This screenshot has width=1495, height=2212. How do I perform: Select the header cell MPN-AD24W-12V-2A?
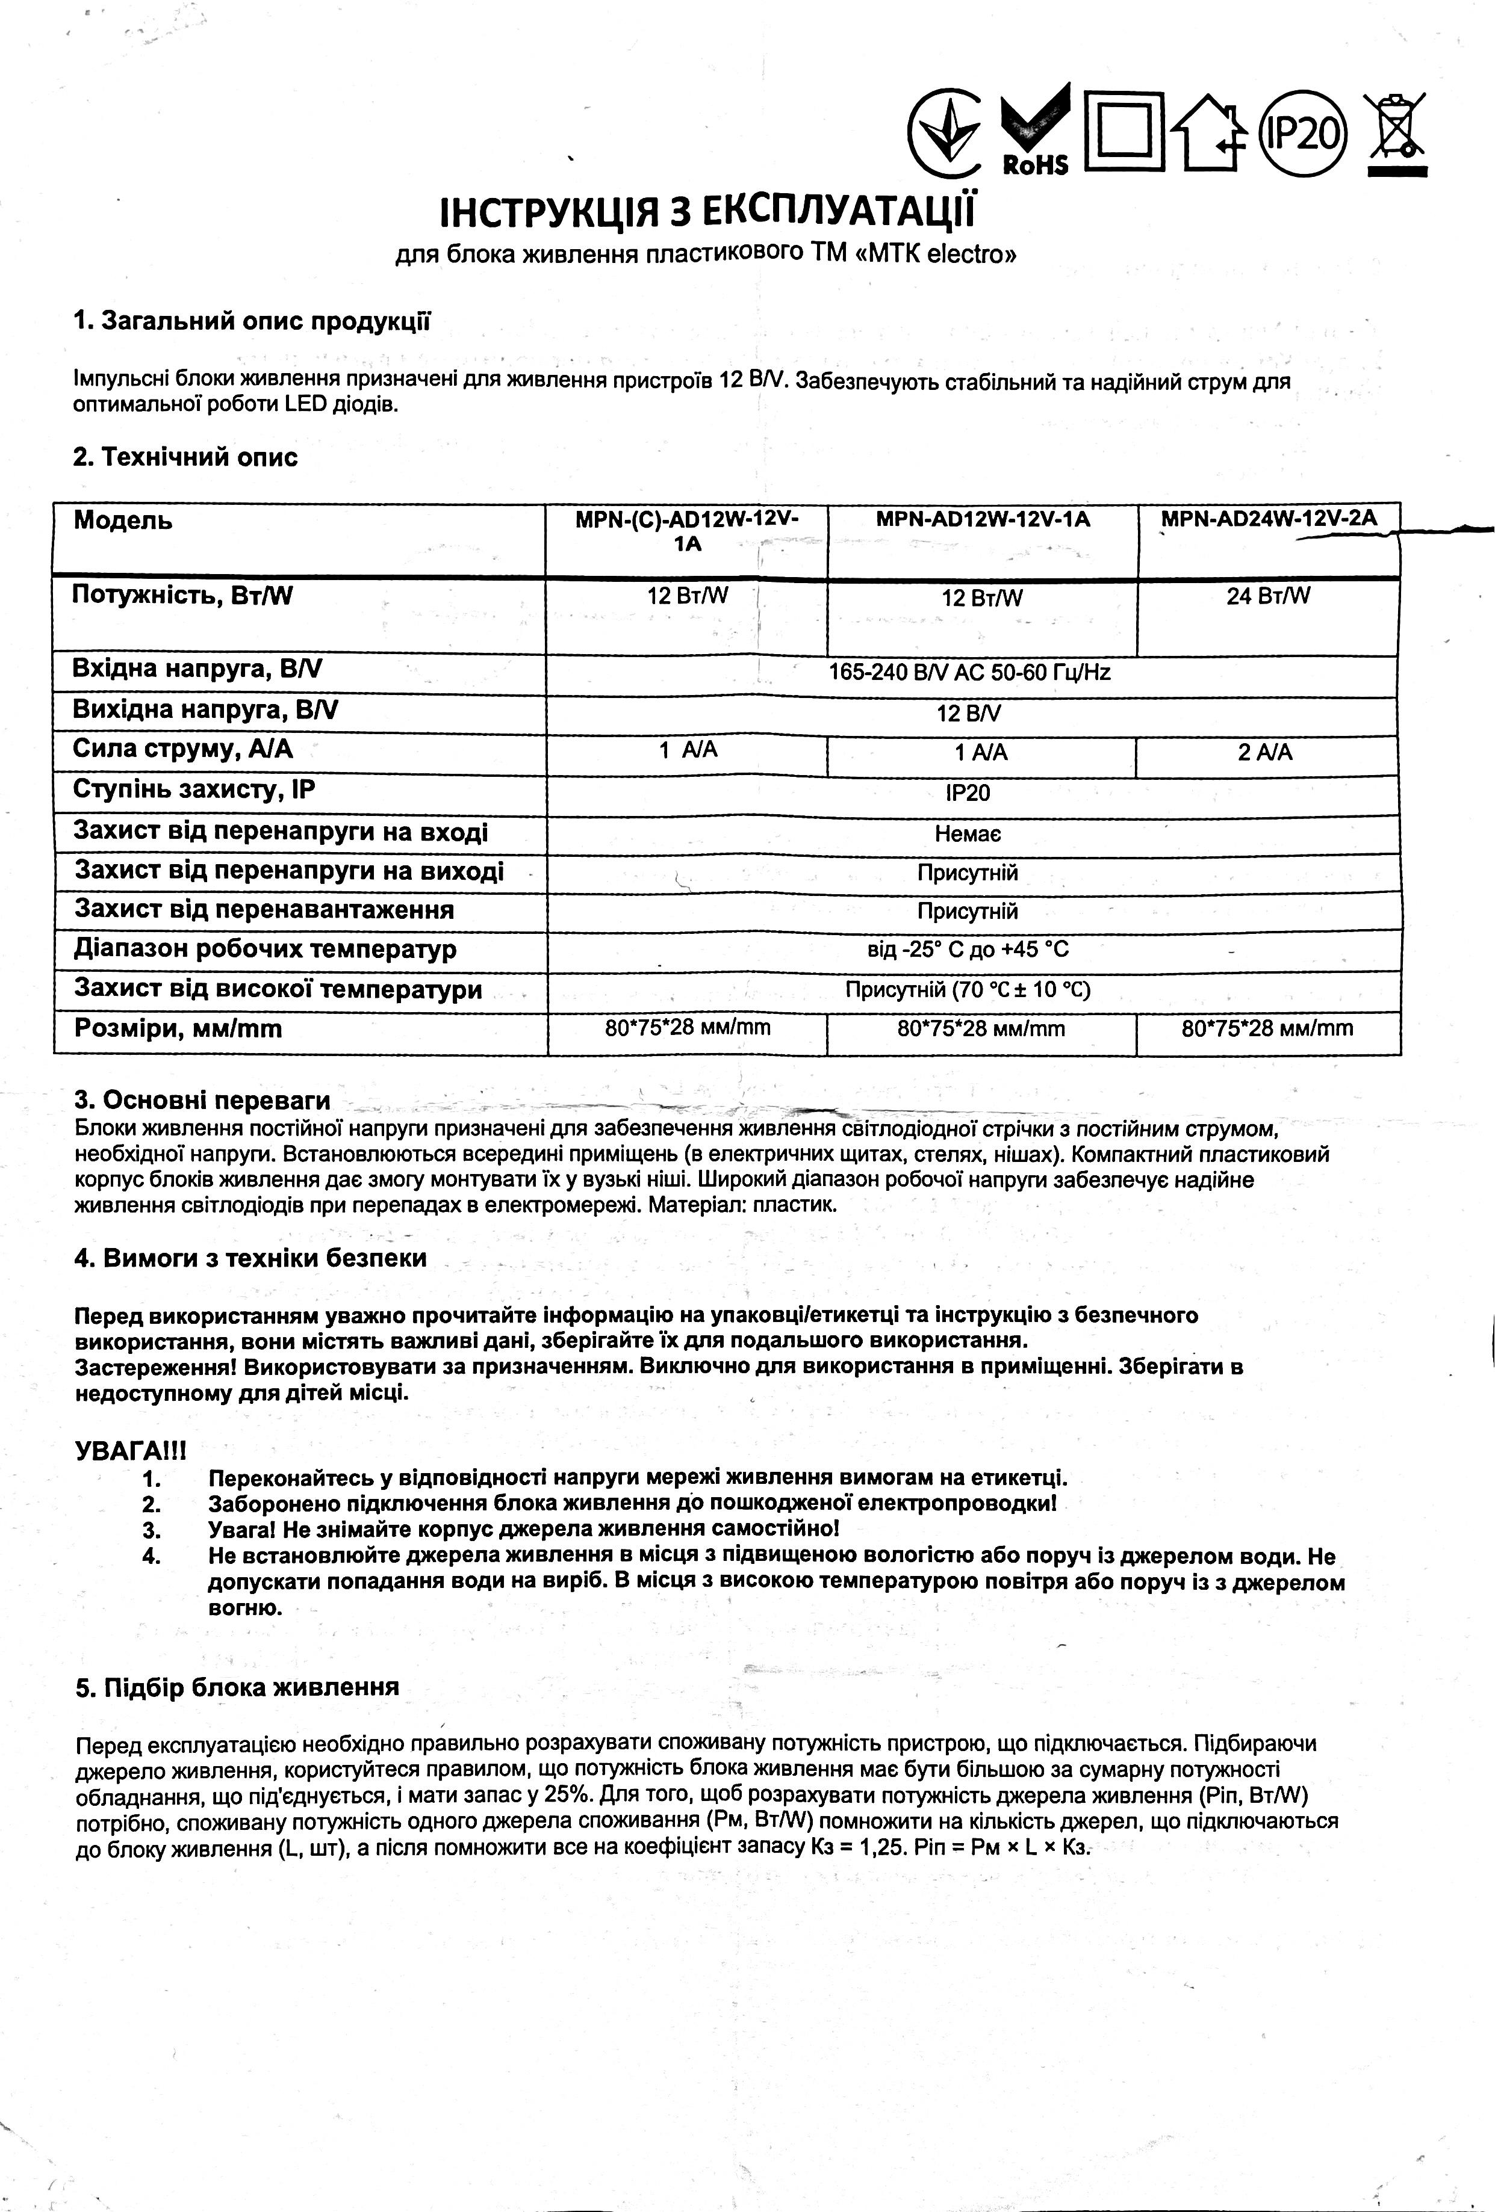(1269, 520)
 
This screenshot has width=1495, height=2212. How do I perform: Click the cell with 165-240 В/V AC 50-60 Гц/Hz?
(969, 673)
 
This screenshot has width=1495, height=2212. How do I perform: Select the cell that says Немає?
(968, 835)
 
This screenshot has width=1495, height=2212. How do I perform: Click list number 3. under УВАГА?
(151, 1530)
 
